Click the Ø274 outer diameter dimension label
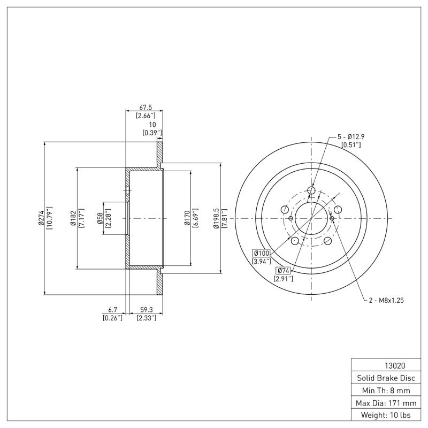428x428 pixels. click(x=41, y=218)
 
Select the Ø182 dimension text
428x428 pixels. click(x=73, y=218)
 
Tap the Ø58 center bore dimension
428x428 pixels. click(x=100, y=218)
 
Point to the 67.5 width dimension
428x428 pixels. click(x=144, y=106)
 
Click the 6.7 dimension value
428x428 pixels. click(x=112, y=310)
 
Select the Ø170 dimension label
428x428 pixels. click(x=187, y=218)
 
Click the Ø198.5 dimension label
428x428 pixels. click(x=216, y=218)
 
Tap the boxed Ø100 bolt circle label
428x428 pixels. click(x=262, y=253)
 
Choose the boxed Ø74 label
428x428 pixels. click(x=283, y=270)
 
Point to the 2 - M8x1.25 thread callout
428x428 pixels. click(x=386, y=300)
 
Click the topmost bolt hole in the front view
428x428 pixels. click(x=312, y=190)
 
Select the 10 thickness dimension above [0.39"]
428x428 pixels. click(x=152, y=124)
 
